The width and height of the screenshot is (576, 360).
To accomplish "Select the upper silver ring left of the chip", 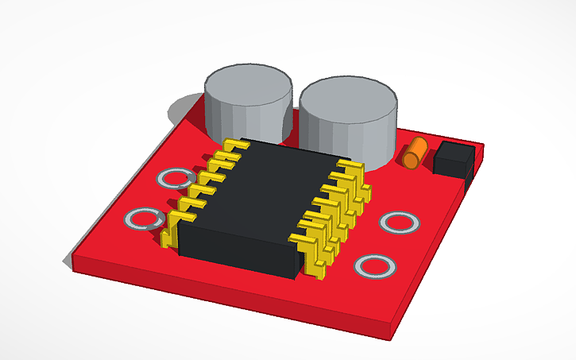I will pos(174,179).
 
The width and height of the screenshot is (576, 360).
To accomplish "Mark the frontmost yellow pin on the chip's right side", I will pos(315,262).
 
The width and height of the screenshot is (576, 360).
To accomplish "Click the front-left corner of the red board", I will pos(72,261).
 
